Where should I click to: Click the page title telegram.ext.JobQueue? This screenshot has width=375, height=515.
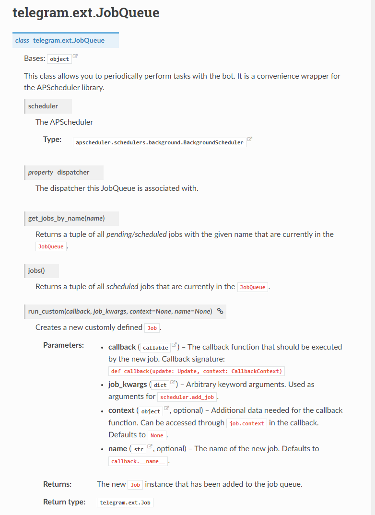pos(86,13)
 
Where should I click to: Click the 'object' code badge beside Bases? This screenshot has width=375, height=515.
pos(59,59)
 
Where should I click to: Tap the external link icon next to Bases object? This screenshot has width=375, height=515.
pos(75,57)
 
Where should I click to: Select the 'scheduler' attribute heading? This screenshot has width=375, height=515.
pos(43,106)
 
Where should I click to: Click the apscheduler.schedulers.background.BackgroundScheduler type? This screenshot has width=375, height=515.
pos(160,142)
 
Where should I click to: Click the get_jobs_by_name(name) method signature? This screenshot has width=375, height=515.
pos(67,219)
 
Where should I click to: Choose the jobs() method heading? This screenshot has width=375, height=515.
pos(36,270)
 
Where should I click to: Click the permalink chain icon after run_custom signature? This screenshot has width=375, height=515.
pos(220,311)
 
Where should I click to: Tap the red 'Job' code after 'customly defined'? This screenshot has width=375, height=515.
pos(152,328)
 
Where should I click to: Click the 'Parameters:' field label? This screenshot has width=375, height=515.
pos(63,345)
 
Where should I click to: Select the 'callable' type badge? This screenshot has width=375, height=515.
pos(155,348)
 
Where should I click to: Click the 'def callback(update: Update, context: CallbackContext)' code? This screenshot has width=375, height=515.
pos(197,371)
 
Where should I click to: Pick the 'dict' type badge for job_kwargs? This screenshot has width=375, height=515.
pos(160,385)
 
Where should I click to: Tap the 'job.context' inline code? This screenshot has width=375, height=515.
pos(246,423)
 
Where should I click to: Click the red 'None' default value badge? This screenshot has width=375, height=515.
pos(157,435)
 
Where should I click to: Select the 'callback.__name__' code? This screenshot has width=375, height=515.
pos(138,461)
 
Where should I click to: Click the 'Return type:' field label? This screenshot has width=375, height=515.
pos(64,502)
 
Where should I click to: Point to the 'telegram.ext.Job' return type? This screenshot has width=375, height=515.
pos(125,503)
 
